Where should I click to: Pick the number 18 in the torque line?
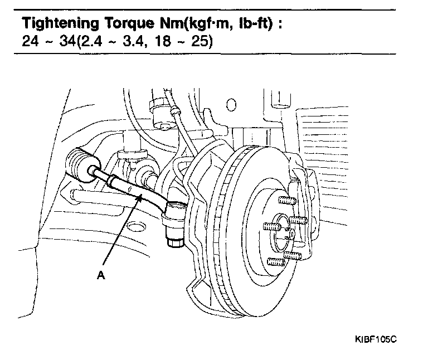tap(163, 42)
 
